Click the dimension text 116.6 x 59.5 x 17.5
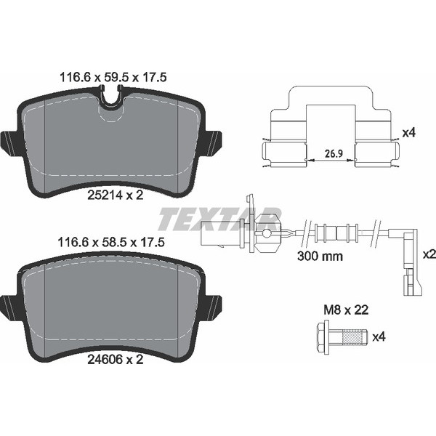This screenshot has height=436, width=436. (x=113, y=77)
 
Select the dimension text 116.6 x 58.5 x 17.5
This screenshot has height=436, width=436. (x=111, y=242)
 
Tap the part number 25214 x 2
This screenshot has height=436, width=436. (x=116, y=195)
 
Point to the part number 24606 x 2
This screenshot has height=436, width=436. (x=116, y=360)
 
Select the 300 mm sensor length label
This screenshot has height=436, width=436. (x=320, y=256)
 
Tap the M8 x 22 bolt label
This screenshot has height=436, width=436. (x=346, y=310)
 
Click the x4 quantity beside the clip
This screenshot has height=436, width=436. (x=409, y=133)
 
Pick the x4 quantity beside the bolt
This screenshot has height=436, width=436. (x=379, y=337)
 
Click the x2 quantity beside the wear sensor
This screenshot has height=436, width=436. (x=429, y=254)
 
